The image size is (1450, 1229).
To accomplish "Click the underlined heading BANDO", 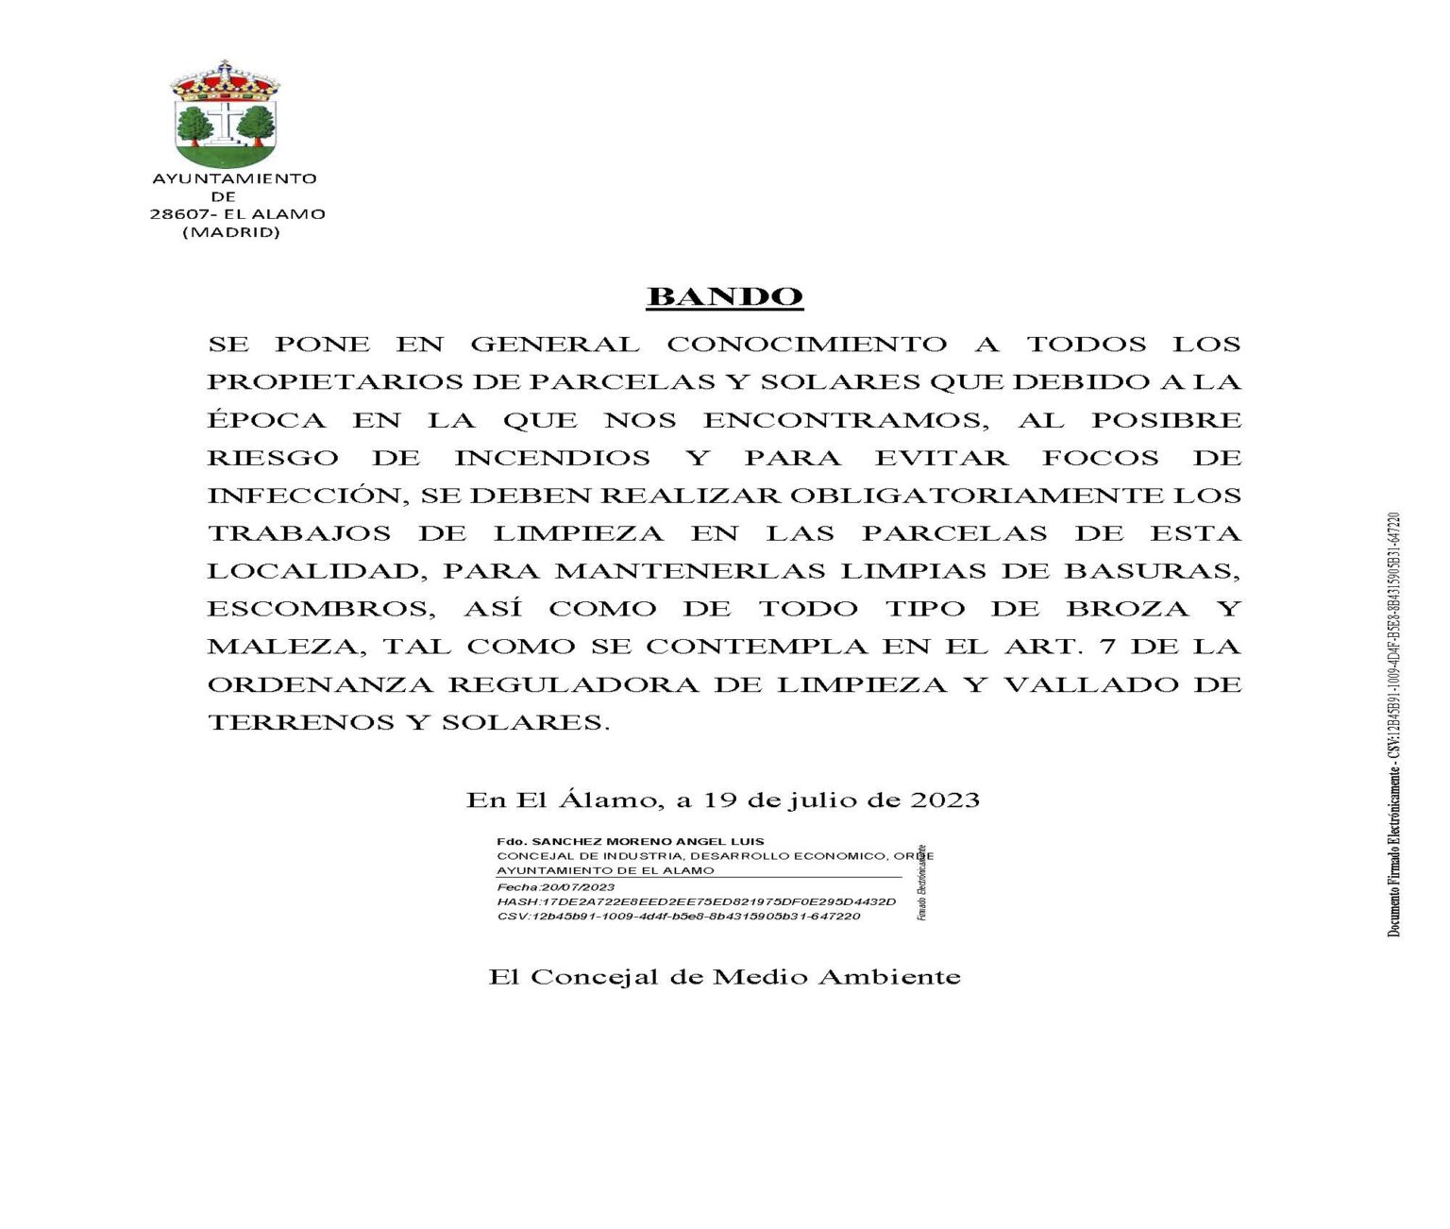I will click(x=724, y=296).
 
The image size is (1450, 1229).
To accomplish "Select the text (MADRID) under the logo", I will click(x=230, y=232).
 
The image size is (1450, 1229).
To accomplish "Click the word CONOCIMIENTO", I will click(x=806, y=345).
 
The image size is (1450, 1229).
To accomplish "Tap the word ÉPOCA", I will click(x=267, y=420).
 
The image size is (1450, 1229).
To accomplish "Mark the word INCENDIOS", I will click(x=552, y=458).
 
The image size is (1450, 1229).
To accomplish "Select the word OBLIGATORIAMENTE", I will click(x=976, y=496).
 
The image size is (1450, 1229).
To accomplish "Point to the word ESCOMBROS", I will click(x=321, y=609).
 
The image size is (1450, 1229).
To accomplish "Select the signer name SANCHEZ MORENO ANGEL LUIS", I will click(x=648, y=841).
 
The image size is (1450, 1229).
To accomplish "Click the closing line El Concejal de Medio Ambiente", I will click(x=724, y=976).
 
